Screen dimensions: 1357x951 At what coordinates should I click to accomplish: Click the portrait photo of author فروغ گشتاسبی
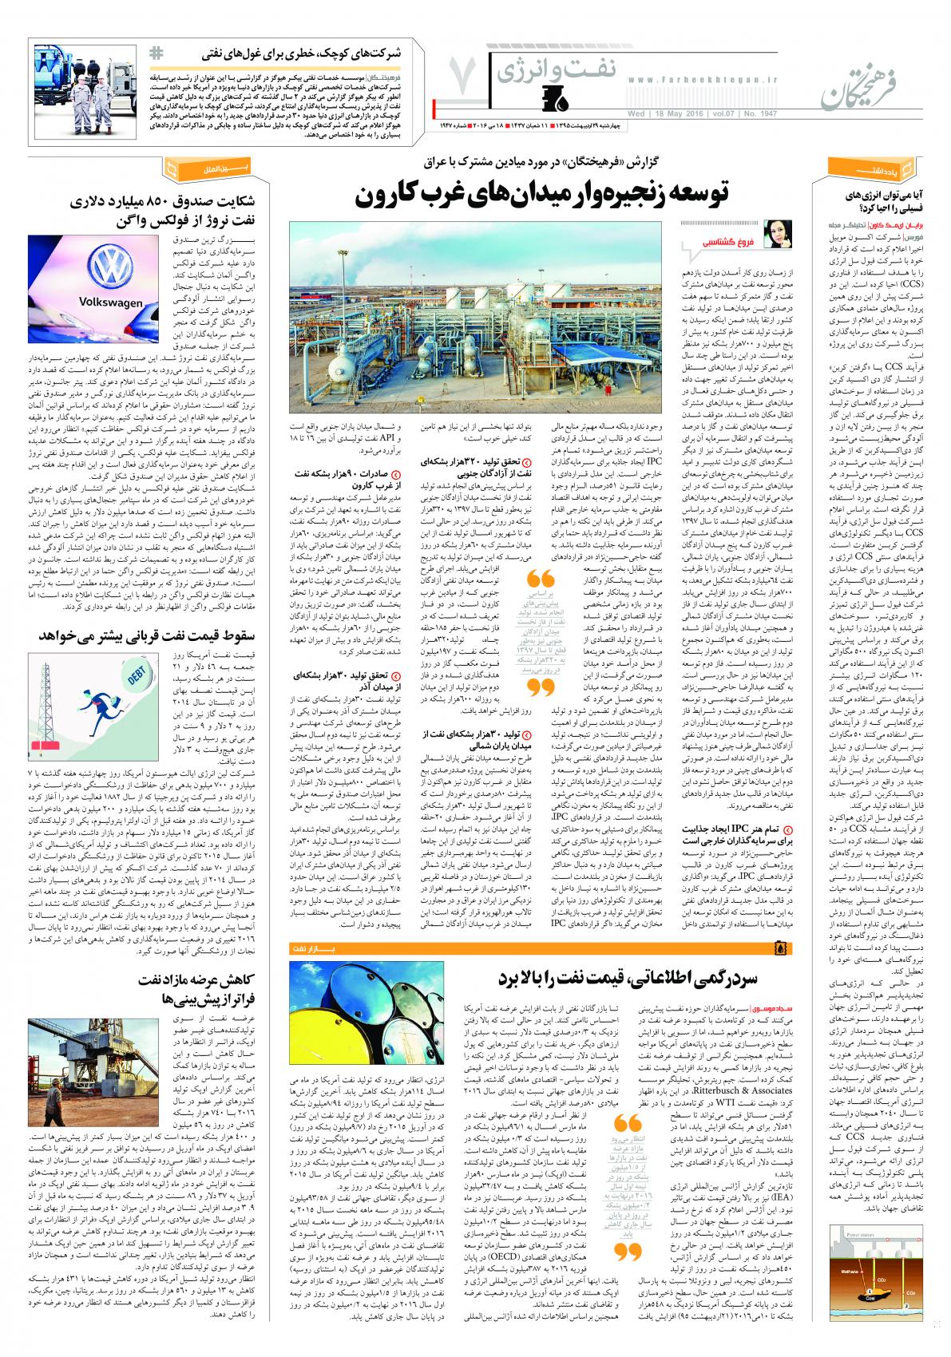[775, 235]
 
